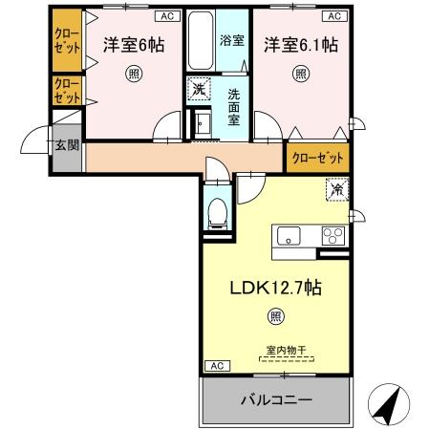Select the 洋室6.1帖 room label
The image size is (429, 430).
pos(299,44)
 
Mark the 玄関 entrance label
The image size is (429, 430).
pos(67,144)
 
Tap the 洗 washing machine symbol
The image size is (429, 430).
pos(198,88)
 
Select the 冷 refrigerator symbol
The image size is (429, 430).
pos(336,190)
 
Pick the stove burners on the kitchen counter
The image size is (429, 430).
pos(333,235)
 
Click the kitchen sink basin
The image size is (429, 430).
pos(287,235)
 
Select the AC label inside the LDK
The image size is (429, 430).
pos(217,365)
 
